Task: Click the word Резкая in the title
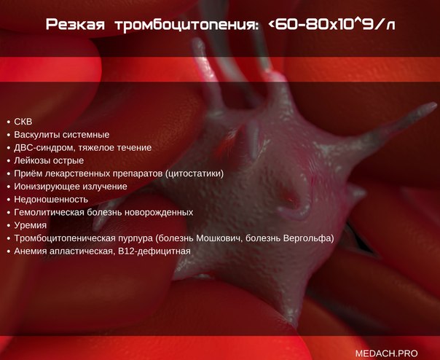pos(75,24)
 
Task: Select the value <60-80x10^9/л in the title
pos(331,24)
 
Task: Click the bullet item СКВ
pos(23,122)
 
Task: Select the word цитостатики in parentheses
pos(195,173)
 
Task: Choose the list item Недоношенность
pos(51,200)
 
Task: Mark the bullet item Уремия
pos(31,225)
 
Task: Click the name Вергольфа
pos(309,238)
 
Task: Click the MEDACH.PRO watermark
pos(386,353)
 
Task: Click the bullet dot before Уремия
pos(9,225)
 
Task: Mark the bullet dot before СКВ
pos(9,122)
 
